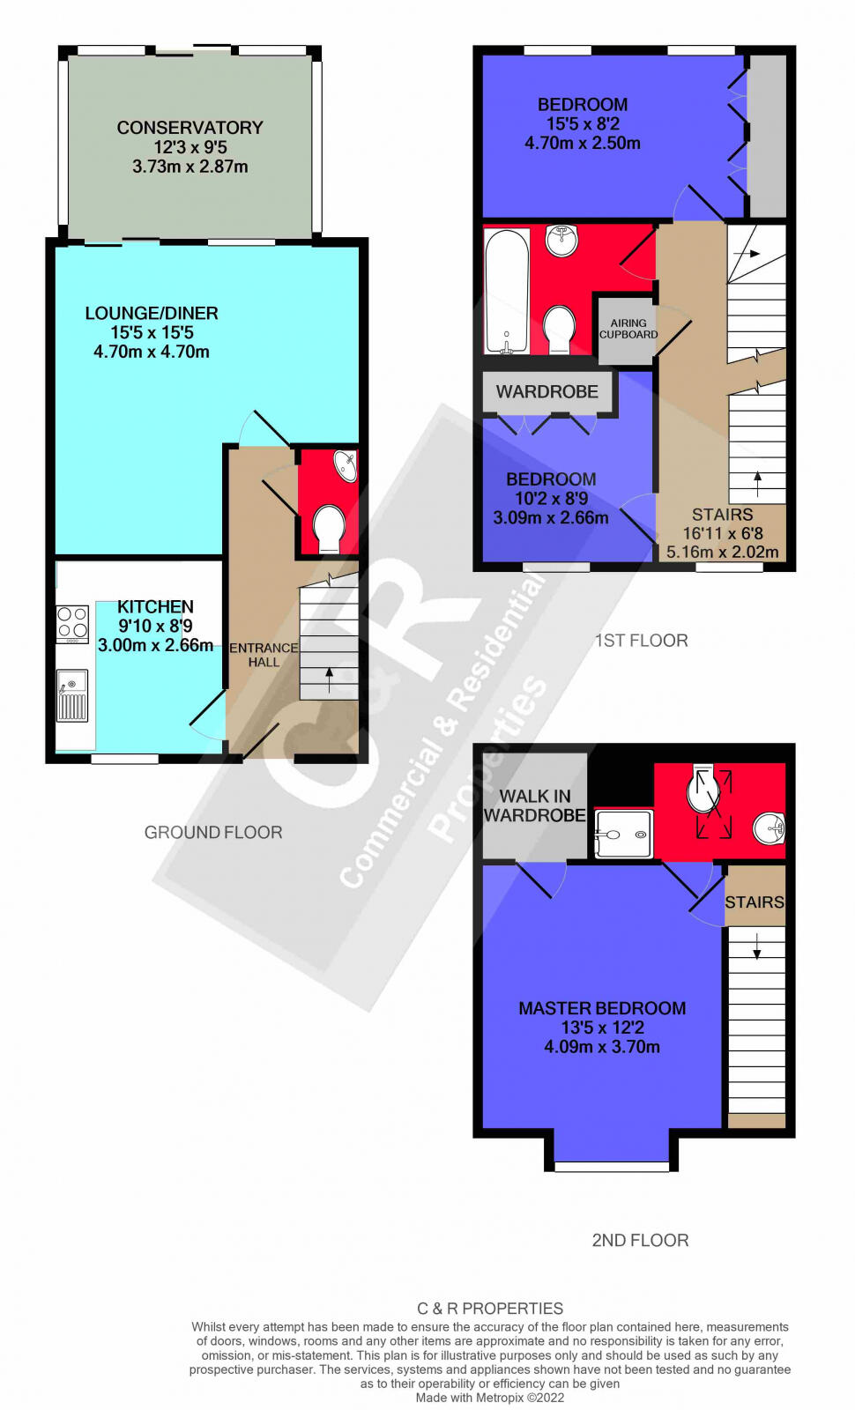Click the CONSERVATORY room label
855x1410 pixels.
click(x=190, y=128)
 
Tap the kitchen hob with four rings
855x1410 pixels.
click(x=72, y=623)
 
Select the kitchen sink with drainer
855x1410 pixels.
click(x=72, y=695)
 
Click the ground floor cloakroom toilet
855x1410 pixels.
click(x=329, y=528)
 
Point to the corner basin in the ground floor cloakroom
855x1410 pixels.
click(x=346, y=465)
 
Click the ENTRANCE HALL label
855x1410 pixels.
click(x=264, y=655)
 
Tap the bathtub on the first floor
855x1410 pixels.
click(x=507, y=291)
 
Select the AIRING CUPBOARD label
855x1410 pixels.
click(x=628, y=329)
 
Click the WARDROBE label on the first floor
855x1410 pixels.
click(x=546, y=391)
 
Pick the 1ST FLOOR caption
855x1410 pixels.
click(x=641, y=641)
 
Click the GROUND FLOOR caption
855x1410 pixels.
click(x=213, y=833)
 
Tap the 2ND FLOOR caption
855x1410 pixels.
click(x=640, y=1240)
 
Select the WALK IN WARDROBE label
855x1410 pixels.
click(x=535, y=806)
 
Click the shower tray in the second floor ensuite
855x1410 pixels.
click(x=624, y=833)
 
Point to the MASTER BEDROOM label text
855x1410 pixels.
click(x=602, y=1008)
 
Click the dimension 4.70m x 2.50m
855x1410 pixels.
click(x=583, y=143)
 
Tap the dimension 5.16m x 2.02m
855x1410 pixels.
click(x=723, y=553)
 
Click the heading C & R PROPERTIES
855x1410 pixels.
click(x=490, y=1309)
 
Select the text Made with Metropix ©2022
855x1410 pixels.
click(x=490, y=1398)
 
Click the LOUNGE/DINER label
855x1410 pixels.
click(x=152, y=313)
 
